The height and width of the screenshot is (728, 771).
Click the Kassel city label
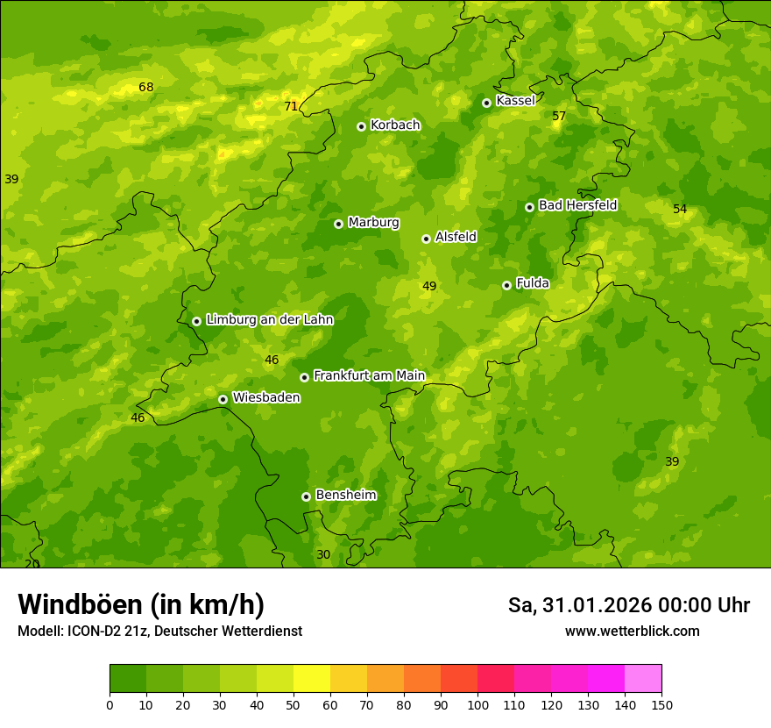point(515,101)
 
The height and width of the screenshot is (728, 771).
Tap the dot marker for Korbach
point(361,126)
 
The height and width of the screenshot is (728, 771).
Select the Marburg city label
point(373,223)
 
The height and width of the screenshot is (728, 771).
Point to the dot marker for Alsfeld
point(426,239)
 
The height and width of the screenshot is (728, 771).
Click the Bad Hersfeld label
point(577,205)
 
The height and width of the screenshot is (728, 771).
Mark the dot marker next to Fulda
point(506,285)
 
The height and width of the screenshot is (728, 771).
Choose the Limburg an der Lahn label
point(269,320)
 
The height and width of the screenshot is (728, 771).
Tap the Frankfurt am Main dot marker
point(304,377)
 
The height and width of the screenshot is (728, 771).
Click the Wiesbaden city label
point(265,397)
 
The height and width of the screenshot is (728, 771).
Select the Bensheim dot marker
point(306,496)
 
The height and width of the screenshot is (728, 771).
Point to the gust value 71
point(291,107)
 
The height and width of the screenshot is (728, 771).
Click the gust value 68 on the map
point(145,87)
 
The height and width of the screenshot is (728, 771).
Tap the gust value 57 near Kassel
point(559,116)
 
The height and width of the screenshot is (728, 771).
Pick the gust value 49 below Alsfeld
point(429,286)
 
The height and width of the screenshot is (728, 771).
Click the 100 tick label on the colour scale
point(477,704)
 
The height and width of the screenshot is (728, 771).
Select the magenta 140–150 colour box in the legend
point(643,679)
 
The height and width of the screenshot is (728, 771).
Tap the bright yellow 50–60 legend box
point(312,679)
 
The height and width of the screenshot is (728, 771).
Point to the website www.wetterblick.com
point(632,631)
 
